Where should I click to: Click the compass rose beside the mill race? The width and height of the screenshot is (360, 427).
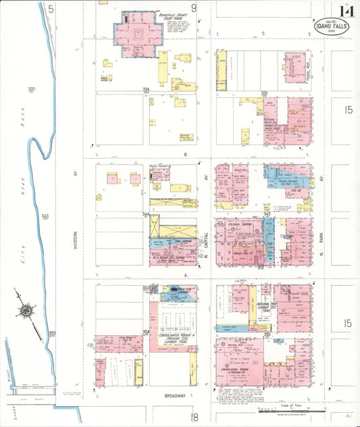pos(26,311)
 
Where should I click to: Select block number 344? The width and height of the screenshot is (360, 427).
pos(146,214)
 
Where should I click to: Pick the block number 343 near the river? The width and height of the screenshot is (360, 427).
pos(45,216)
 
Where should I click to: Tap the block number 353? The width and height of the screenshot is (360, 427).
pos(52,333)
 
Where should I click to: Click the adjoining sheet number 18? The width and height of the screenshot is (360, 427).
pos(194,417)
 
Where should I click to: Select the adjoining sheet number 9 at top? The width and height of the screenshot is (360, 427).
pos(193,8)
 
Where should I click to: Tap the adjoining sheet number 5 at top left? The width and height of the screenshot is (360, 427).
pos(50,8)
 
